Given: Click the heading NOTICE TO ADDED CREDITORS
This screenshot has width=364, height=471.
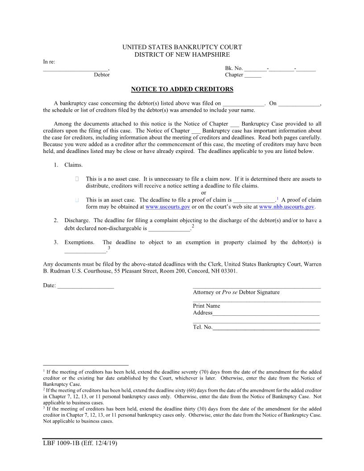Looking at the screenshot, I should (182, 89).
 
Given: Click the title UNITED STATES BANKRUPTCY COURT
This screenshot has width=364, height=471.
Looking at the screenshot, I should (182, 47).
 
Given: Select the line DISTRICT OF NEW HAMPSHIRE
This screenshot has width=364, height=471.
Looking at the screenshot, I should (182, 54).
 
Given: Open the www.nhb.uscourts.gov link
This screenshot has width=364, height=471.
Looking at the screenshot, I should (287, 207).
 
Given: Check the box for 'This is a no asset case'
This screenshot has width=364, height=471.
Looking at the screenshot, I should (78, 179).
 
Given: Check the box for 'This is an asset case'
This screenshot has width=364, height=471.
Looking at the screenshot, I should (78, 200).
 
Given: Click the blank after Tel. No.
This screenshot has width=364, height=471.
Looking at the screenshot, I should (266, 327).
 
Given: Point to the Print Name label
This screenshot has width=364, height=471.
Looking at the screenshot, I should (207, 306).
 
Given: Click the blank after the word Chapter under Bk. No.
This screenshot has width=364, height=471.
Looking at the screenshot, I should (253, 75).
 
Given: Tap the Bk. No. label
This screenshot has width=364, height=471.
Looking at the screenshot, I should (234, 68).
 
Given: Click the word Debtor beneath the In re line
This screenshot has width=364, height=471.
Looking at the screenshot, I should (102, 75).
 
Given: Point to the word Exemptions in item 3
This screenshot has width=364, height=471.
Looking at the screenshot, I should (79, 243).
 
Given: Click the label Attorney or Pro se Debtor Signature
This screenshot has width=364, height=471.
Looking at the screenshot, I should (236, 292).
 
